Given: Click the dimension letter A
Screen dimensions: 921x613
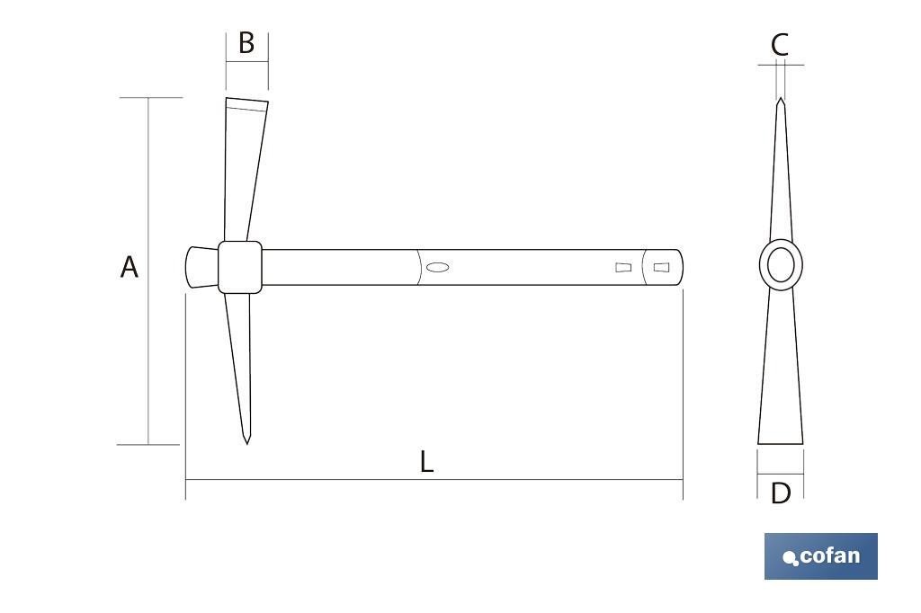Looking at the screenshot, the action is tap(130, 267).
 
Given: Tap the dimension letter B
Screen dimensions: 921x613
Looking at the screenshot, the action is tap(246, 43).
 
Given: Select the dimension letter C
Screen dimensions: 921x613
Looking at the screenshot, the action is tap(780, 45).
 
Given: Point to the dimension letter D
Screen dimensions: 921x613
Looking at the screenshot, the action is tap(780, 493).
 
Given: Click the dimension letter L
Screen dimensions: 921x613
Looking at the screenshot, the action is tap(427, 461).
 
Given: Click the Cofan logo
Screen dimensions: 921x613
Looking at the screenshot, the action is tap(821, 556).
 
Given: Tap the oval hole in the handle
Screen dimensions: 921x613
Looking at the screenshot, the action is tap(438, 267).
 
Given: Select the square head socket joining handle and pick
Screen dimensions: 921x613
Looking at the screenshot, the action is tap(240, 267).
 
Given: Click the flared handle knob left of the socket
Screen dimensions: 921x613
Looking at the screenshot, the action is tap(202, 267).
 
